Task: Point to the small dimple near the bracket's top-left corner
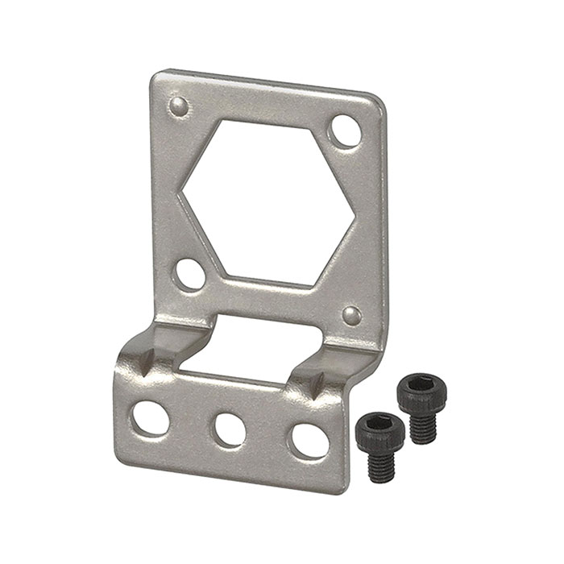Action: tap(180, 105)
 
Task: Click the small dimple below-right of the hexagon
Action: tap(351, 314)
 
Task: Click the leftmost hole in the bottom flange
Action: tap(151, 418)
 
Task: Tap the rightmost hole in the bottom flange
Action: tap(310, 441)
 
